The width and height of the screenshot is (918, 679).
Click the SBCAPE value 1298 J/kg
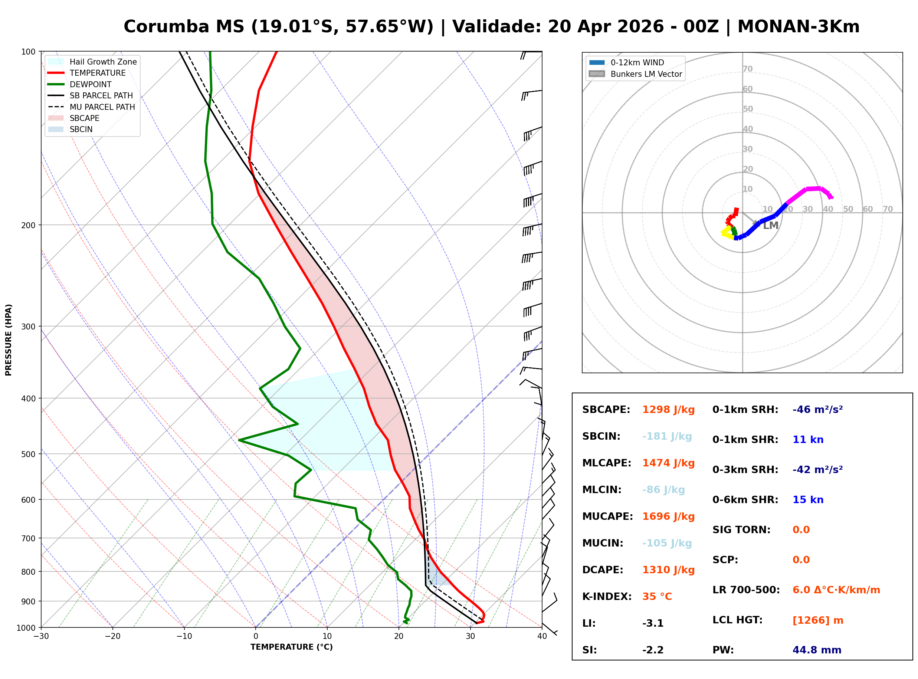(668, 410)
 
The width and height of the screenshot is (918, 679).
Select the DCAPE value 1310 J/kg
(668, 570)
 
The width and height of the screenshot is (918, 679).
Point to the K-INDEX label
(607, 597)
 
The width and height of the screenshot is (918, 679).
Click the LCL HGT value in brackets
(818, 620)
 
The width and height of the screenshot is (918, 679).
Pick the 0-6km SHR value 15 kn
(808, 500)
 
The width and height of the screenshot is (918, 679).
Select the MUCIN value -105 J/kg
(667, 543)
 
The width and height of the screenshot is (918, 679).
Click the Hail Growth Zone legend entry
(103, 62)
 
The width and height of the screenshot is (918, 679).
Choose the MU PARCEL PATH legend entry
(102, 107)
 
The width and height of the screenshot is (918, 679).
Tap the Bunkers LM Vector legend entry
(646, 74)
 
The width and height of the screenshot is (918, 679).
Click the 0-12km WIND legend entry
(637, 62)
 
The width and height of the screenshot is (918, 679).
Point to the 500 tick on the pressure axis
(29, 454)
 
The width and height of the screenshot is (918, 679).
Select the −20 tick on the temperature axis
(112, 636)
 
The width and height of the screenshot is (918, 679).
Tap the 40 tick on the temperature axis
(542, 636)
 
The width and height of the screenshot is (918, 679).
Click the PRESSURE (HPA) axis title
(9, 340)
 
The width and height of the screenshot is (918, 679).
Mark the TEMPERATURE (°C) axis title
(291, 647)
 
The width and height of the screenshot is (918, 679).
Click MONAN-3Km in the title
(798, 27)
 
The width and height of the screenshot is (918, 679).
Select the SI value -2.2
(653, 650)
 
